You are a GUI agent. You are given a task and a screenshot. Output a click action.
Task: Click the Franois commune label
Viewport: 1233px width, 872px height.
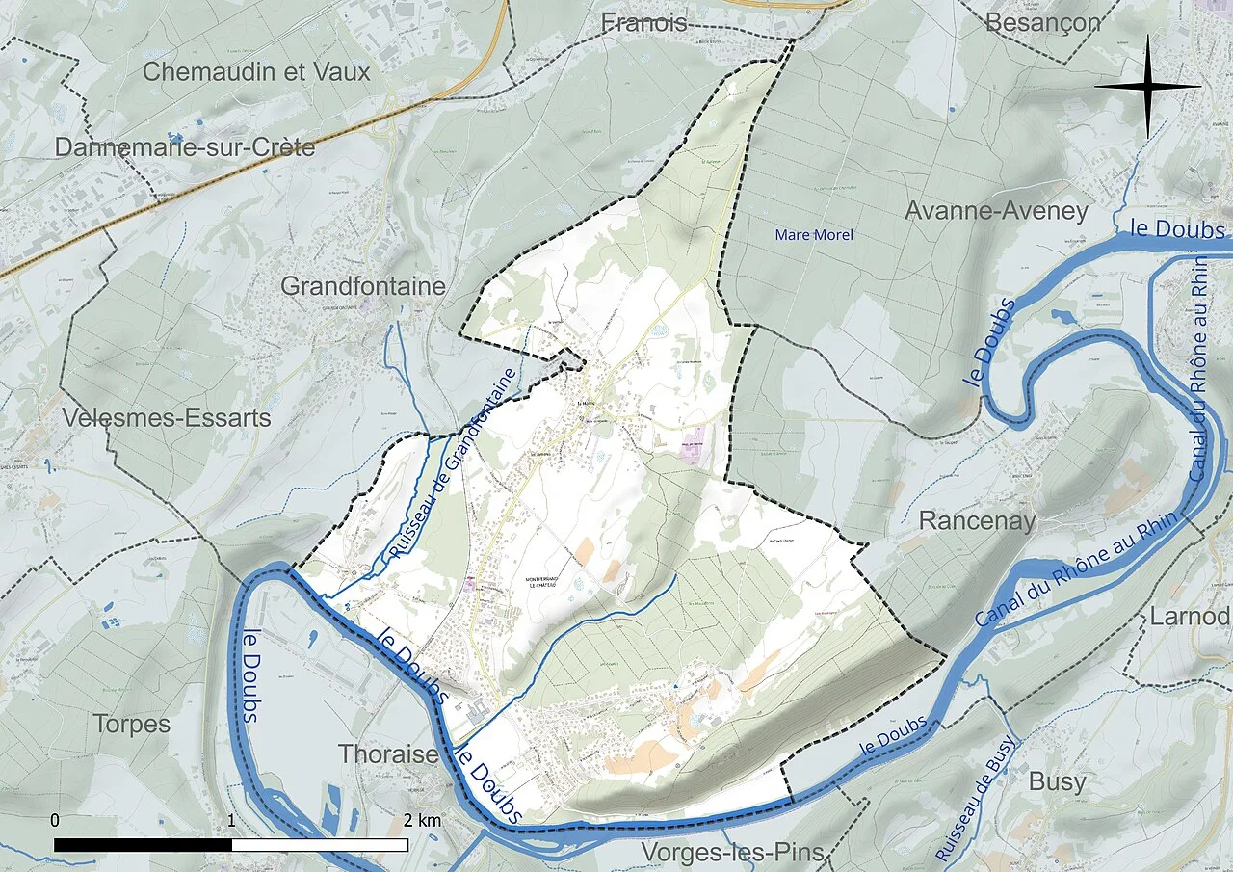[643, 23]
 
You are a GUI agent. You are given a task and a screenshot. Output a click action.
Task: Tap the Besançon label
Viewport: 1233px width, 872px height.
[1042, 23]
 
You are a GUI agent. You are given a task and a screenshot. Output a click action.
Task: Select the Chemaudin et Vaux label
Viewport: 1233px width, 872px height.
[256, 72]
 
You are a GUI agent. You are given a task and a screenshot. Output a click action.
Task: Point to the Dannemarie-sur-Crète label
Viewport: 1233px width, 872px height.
[185, 147]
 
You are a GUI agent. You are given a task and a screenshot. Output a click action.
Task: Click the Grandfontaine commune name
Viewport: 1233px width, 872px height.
[363, 286]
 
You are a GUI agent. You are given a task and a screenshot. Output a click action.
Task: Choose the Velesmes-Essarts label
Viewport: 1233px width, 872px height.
[166, 418]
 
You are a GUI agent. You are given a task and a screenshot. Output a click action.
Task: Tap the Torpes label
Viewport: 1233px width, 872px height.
[133, 724]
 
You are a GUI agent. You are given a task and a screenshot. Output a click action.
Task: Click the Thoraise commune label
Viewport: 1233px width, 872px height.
[388, 753]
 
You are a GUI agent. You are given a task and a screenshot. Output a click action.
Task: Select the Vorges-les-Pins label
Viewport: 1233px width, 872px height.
[733, 853]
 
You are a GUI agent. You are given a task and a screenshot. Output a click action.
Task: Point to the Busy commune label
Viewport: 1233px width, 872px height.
[1057, 781]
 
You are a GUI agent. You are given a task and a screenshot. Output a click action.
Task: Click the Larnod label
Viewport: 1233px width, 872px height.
[1190, 617]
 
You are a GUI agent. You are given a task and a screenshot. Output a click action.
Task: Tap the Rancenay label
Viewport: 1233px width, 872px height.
[977, 521]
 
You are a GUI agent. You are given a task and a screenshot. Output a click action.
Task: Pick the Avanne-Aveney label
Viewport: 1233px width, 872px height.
[997, 211]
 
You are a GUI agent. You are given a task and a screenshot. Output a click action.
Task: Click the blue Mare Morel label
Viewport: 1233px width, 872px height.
[814, 235]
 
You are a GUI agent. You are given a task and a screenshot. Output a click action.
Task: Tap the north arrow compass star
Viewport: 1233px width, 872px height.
[1147, 86]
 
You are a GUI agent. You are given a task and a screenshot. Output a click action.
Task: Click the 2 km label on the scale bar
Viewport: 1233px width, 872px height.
[423, 821]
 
